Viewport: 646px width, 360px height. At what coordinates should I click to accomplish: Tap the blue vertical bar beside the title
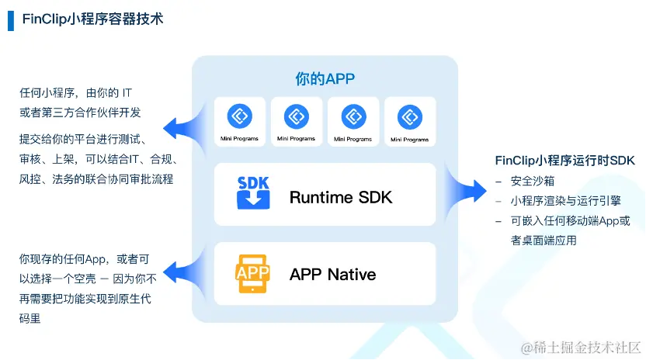pyautogui.click(x=11, y=19)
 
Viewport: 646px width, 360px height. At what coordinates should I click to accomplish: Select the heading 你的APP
pyautogui.click(x=325, y=78)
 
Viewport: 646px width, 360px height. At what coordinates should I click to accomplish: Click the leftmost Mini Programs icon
pyautogui.click(x=240, y=117)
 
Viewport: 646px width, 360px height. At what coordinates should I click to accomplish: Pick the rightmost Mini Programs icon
pyautogui.click(x=409, y=117)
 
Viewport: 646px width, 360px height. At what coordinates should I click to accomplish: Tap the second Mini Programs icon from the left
pyautogui.click(x=296, y=117)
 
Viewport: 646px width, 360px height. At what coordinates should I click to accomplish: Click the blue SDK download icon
pyautogui.click(x=253, y=193)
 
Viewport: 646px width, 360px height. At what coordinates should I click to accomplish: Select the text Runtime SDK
pyautogui.click(x=341, y=197)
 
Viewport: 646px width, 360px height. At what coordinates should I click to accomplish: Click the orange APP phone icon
pyautogui.click(x=253, y=273)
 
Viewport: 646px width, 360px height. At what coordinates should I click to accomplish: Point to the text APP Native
pyautogui.click(x=332, y=274)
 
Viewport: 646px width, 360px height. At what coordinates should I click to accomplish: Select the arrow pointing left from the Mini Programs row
pyautogui.click(x=180, y=126)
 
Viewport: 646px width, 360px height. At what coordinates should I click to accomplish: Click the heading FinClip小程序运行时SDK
pyautogui.click(x=565, y=161)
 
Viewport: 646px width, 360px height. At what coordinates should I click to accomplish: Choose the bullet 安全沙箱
pyautogui.click(x=533, y=181)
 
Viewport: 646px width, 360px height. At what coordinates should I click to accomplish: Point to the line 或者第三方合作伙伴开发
pyautogui.click(x=81, y=112)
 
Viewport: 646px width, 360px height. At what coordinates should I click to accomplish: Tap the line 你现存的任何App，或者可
pyautogui.click(x=85, y=258)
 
